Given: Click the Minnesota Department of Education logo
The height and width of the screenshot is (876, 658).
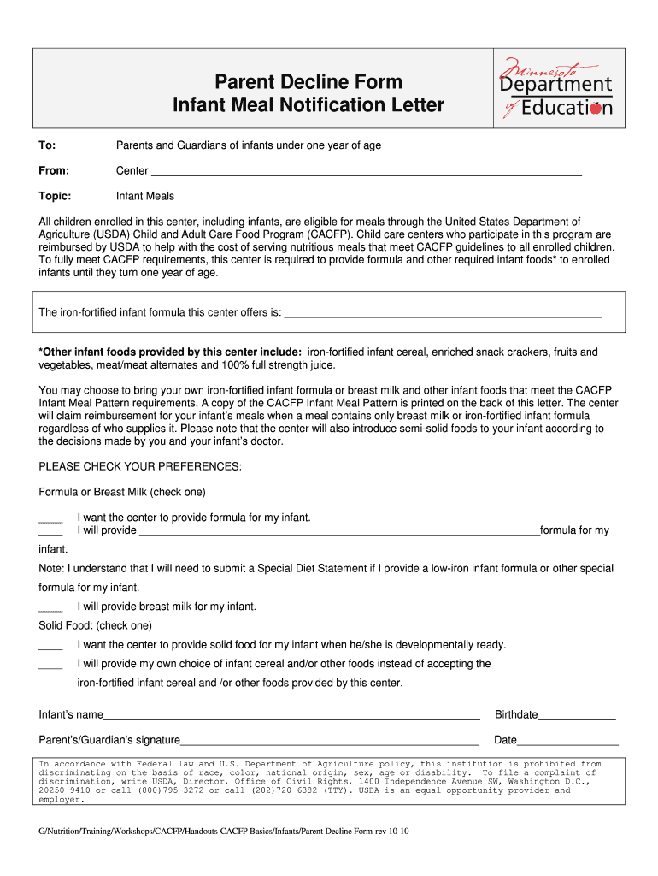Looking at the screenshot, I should point(556,88).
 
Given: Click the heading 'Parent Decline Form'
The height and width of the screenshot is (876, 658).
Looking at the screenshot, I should point(308,82).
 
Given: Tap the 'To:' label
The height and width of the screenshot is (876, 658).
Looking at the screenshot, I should point(47,145).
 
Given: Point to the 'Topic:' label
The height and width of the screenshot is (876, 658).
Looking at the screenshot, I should point(55,196).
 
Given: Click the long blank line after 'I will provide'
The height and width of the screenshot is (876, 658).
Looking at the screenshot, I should point(338,531).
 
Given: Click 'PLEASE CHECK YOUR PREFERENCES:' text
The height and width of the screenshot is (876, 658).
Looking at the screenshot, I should point(141,466).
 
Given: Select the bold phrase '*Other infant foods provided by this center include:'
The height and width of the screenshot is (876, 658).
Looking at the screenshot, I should point(170,352).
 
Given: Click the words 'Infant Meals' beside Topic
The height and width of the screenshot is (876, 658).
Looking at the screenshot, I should point(145,196).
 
